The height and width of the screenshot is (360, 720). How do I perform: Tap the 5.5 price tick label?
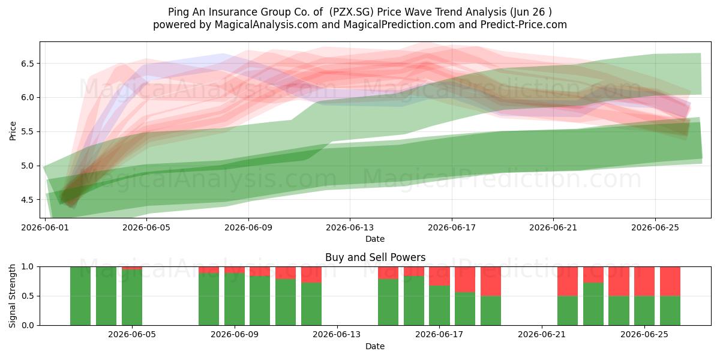(28, 132)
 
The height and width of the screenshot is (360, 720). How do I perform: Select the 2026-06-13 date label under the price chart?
(350, 227)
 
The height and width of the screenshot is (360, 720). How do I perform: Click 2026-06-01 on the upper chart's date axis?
(45, 227)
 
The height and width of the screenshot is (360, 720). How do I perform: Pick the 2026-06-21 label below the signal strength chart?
(542, 334)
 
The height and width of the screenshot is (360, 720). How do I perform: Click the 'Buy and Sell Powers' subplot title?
(375, 257)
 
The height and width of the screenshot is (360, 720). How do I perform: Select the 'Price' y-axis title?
(13, 131)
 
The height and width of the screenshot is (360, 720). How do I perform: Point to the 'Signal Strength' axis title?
(12, 296)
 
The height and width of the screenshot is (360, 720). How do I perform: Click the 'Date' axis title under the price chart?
(375, 239)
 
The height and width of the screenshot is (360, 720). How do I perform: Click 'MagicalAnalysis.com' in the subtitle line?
(266, 25)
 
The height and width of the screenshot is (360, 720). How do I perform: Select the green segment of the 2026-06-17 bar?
(439, 305)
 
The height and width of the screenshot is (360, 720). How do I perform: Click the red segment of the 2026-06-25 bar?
(644, 281)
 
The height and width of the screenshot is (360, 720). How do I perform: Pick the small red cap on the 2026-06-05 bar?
(132, 268)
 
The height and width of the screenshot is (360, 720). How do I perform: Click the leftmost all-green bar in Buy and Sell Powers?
(80, 296)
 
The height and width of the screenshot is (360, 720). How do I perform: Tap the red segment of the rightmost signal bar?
(670, 281)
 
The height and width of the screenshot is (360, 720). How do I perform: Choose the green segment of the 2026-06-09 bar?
(235, 299)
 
